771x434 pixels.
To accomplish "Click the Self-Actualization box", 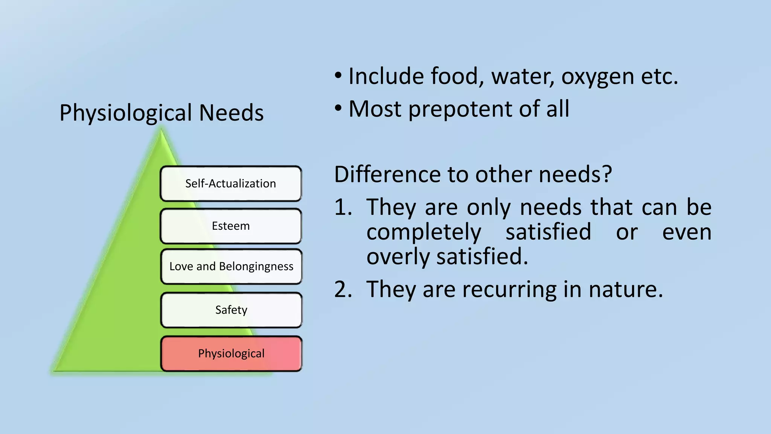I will (x=231, y=183).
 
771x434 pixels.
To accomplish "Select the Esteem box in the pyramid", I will (x=231, y=226).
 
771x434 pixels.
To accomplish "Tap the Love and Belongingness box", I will (x=231, y=266).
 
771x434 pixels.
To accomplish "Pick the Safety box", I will (x=231, y=310).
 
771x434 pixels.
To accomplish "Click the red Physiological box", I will (x=231, y=354).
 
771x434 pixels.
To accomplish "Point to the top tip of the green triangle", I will (x=162, y=131).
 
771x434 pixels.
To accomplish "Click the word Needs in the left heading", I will (x=231, y=113).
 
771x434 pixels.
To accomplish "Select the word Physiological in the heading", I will (x=126, y=113).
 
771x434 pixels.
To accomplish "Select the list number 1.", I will (x=343, y=207).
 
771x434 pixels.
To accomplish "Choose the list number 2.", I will (x=343, y=289).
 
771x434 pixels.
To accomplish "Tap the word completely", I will (x=424, y=232).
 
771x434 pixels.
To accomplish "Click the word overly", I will (x=398, y=257).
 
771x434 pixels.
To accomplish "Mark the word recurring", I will (x=509, y=290).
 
